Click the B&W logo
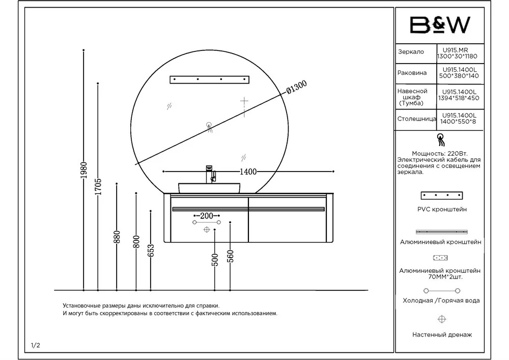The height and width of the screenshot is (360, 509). pyautogui.click(x=440, y=25)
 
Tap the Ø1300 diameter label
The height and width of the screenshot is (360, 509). pyautogui.click(x=296, y=89)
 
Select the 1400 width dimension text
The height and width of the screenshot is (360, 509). pyautogui.click(x=248, y=172)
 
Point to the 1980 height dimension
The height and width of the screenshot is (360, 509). pyautogui.click(x=83, y=171)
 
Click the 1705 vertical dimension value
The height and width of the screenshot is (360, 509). pyautogui.click(x=98, y=187)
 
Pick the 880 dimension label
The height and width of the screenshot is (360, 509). pyautogui.click(x=117, y=237)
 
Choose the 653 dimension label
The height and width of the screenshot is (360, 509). pyautogui.click(x=151, y=251)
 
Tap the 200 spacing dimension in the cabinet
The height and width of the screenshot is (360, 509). pyautogui.click(x=206, y=216)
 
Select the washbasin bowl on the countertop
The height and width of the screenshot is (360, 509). pyautogui.click(x=209, y=187)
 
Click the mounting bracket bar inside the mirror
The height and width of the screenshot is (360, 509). pyautogui.click(x=209, y=79)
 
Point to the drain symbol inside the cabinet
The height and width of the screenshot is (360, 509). pyautogui.click(x=207, y=230)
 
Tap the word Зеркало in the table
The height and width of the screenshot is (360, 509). pyautogui.click(x=411, y=52)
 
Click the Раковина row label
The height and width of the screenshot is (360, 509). pyautogui.click(x=412, y=73)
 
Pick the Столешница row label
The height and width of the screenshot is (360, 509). pyautogui.click(x=416, y=119)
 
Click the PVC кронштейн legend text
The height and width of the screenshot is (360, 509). pyautogui.click(x=441, y=209)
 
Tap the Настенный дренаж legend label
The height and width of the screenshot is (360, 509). pyautogui.click(x=442, y=335)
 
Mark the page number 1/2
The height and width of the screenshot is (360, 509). pyautogui.click(x=36, y=345)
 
